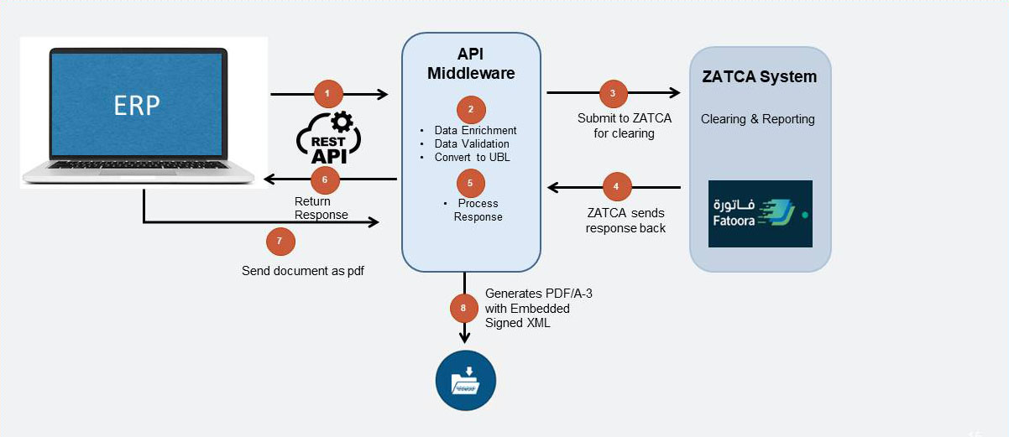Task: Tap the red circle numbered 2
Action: (x=471, y=109)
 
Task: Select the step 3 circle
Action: (x=613, y=93)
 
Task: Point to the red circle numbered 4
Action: (x=616, y=186)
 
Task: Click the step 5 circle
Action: (x=471, y=182)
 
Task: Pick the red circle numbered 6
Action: (x=325, y=179)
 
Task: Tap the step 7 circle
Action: (x=280, y=242)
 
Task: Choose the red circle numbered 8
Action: (x=463, y=308)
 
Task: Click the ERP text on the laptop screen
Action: (x=138, y=105)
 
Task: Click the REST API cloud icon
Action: (x=328, y=138)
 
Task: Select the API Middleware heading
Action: (x=471, y=63)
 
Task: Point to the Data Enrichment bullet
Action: (x=475, y=131)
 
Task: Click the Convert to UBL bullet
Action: (x=472, y=157)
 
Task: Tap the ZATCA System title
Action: (x=759, y=76)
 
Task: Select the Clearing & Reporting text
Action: (x=758, y=119)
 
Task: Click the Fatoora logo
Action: (x=760, y=213)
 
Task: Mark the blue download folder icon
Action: (x=465, y=381)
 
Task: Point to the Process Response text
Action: (x=478, y=211)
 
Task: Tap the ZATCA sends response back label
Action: (x=625, y=221)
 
